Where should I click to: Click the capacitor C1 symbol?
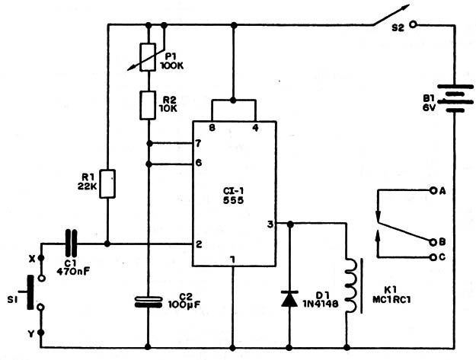point(71,244)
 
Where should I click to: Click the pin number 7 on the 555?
point(198,143)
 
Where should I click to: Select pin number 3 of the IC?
point(270,224)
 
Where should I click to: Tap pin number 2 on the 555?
point(198,244)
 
